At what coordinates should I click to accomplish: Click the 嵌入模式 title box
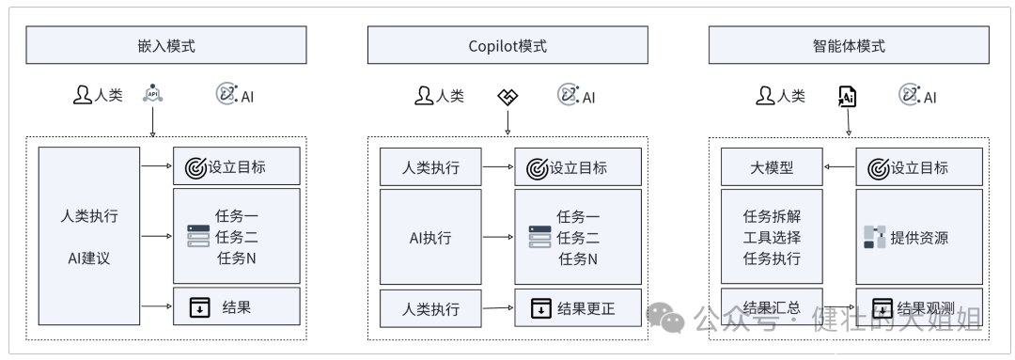point(165,45)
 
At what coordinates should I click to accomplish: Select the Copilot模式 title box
point(507,45)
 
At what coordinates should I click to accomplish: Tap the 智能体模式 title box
point(848,45)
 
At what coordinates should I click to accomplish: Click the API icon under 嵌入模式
point(152,94)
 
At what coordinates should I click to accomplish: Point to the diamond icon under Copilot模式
point(507,95)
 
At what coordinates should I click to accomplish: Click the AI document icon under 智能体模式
point(847,95)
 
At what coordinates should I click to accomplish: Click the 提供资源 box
point(918,237)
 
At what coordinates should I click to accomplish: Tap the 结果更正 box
point(577,307)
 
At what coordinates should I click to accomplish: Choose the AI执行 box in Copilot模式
point(429,237)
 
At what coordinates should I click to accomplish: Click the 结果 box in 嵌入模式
point(236,306)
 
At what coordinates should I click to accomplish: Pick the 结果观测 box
point(918,307)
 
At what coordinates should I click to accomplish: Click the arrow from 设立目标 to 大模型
point(838,167)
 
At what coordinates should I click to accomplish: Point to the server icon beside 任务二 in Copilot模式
point(539,237)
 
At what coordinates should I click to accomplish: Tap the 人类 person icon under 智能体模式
point(766,95)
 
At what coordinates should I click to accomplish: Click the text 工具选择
point(772,237)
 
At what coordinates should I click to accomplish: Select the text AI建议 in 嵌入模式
point(88,258)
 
